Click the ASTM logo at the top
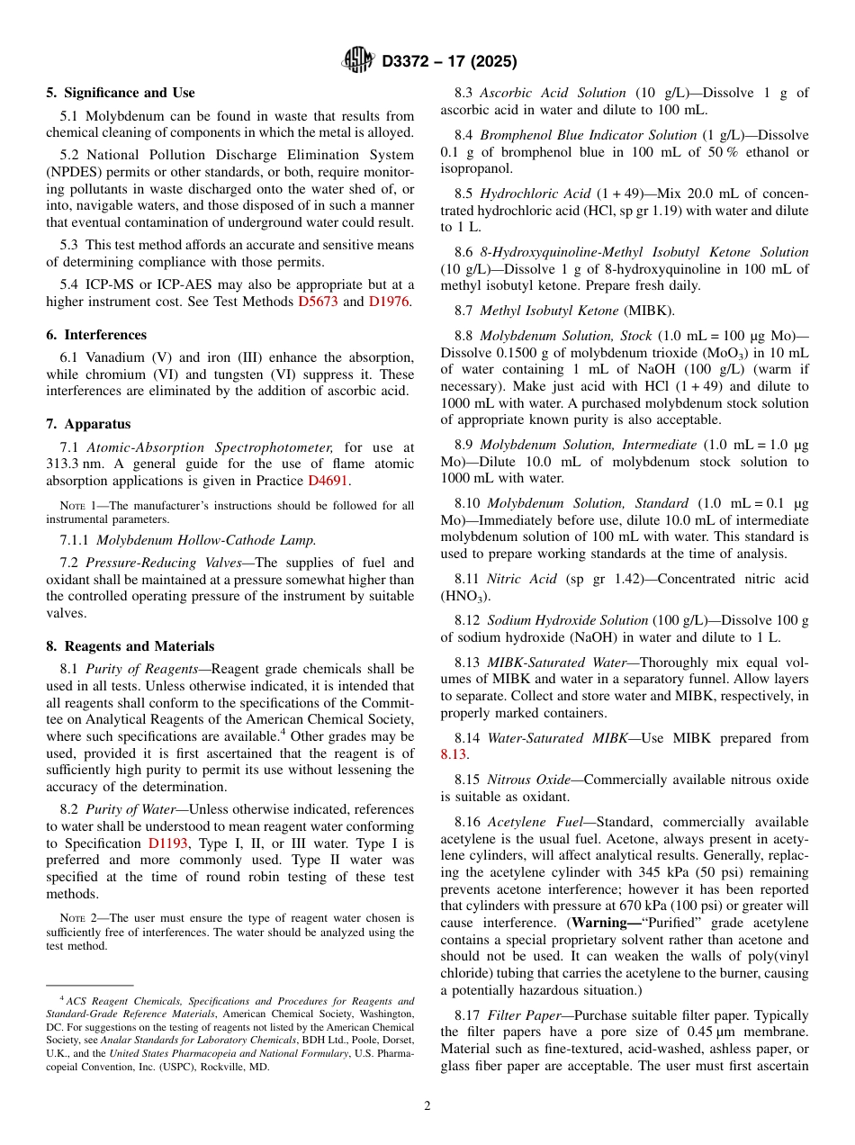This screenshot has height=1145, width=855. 358,61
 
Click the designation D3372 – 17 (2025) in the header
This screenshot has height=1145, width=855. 449,62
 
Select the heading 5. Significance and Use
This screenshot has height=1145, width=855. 121,93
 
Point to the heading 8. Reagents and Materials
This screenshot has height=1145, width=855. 130,646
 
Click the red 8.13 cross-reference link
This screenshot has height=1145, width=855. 454,754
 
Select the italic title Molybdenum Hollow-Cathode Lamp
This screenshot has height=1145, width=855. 206,540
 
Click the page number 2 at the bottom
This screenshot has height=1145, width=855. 427,1106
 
